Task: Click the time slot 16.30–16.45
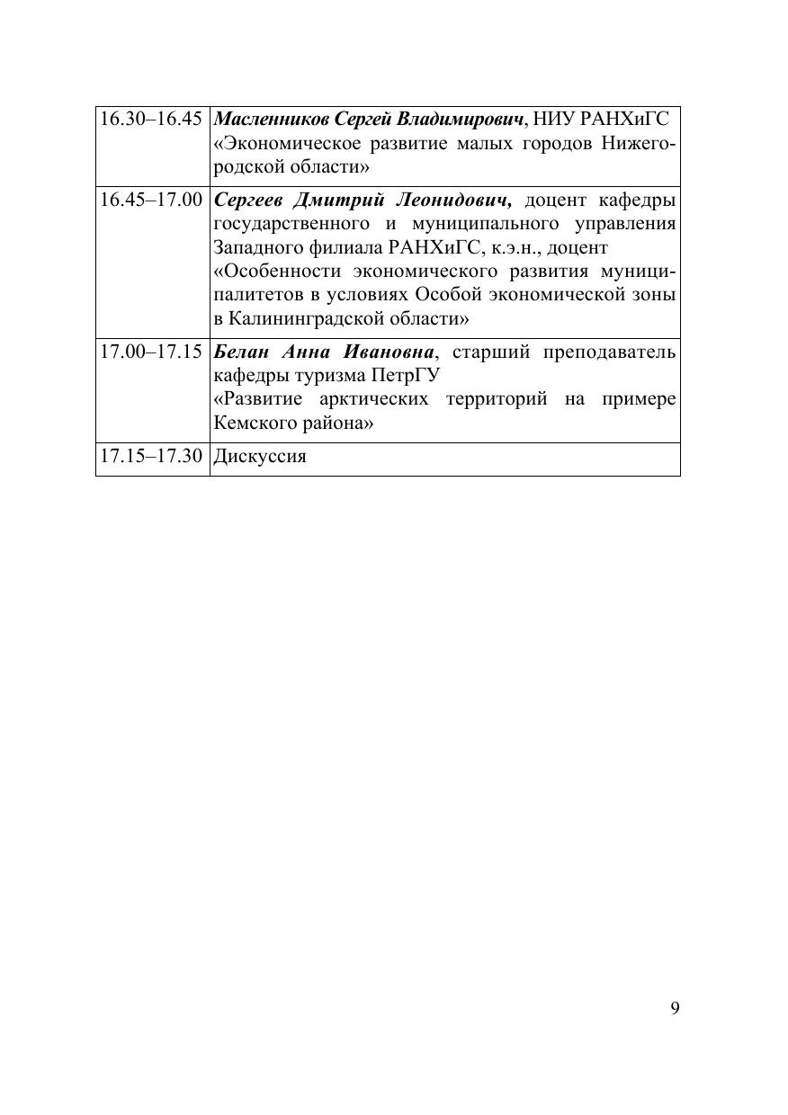click(151, 120)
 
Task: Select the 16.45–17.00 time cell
click(151, 200)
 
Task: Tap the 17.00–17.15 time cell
click(151, 352)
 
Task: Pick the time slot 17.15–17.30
click(151, 457)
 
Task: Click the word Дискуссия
click(260, 457)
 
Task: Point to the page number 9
click(675, 1008)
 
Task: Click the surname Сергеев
click(249, 200)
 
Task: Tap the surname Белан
click(238, 352)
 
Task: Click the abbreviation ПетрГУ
click(399, 375)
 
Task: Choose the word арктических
click(375, 399)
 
